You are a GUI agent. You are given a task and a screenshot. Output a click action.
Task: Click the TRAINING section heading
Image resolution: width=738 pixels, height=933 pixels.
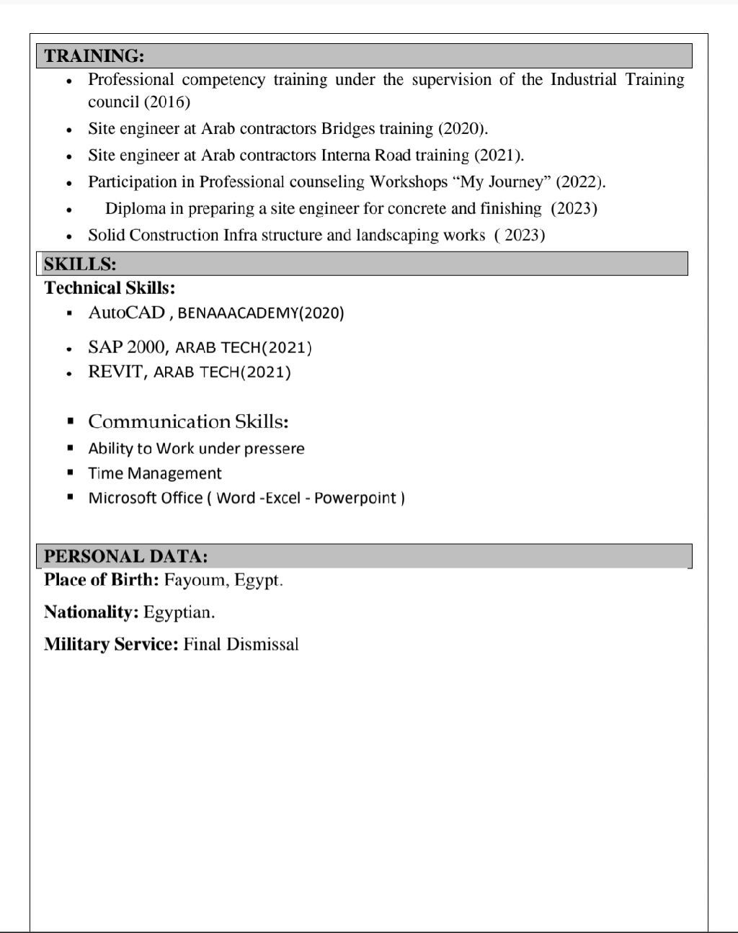tap(94, 56)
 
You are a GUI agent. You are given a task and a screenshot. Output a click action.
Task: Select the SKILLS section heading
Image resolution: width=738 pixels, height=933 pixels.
tap(80, 264)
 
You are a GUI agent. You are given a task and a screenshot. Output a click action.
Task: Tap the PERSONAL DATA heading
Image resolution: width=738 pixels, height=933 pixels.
tap(125, 556)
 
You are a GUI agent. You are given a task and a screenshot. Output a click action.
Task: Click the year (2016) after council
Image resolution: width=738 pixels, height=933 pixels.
tap(167, 102)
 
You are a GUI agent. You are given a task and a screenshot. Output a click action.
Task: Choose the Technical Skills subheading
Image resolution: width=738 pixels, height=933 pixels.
tap(110, 288)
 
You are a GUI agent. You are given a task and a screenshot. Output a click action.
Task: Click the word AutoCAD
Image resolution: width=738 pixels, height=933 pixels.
tap(126, 313)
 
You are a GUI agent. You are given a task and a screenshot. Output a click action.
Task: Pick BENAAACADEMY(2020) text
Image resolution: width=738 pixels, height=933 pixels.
tap(261, 313)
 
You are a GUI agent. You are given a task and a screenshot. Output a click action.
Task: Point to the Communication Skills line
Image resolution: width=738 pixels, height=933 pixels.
tap(188, 421)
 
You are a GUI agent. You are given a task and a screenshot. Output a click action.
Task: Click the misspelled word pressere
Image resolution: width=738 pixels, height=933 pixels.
tap(274, 449)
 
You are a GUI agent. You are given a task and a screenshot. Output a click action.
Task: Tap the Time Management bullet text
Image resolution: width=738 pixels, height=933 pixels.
tap(154, 473)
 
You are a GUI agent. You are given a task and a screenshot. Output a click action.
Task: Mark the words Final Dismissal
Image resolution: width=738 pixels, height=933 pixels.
tap(241, 644)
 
